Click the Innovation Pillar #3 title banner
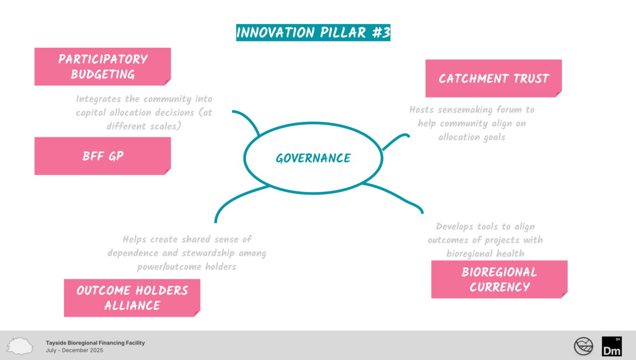coord(313,32)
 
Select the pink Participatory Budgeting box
coord(102,66)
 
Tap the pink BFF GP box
coord(102,156)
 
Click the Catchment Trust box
coord(493,78)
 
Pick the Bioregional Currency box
coord(499,279)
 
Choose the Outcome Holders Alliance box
coord(131,297)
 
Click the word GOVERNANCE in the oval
coord(313,158)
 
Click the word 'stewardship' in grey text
coord(207,253)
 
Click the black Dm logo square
coord(612,346)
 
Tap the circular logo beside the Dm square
coord(584,346)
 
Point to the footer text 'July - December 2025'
coord(74,350)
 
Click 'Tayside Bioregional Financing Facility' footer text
coord(95,343)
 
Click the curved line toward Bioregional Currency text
coord(397,197)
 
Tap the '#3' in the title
coord(379,32)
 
